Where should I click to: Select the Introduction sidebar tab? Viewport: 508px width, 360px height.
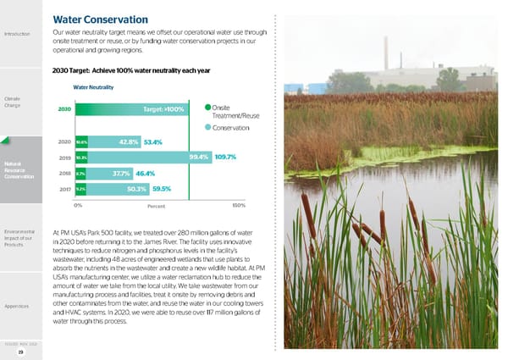pyautogui.click(x=18, y=35)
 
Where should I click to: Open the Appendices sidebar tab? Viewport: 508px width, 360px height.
pyautogui.click(x=18, y=306)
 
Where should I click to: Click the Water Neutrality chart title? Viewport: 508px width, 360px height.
pyautogui.click(x=93, y=87)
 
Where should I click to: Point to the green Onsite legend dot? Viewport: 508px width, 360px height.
pyautogui.click(x=207, y=107)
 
